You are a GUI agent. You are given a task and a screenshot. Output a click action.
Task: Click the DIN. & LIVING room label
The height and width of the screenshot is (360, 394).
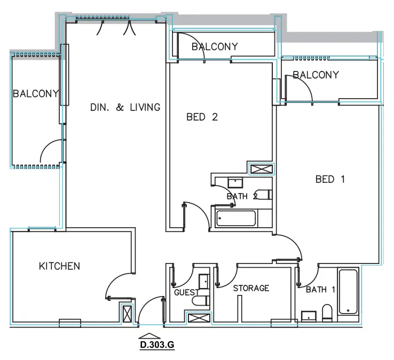(125, 107)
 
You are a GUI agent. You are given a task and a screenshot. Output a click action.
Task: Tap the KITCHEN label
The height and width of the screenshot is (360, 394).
(59, 266)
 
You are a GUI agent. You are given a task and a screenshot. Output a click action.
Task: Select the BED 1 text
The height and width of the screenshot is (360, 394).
(330, 179)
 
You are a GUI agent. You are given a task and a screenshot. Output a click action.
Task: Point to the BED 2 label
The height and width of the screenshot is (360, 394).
(202, 117)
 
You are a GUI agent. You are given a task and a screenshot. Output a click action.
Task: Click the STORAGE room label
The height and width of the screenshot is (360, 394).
(251, 288)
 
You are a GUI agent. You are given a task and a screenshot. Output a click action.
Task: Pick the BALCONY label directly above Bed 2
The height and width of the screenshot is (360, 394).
(214, 47)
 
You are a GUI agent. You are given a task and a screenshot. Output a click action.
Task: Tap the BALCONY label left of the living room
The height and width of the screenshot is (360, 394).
(35, 94)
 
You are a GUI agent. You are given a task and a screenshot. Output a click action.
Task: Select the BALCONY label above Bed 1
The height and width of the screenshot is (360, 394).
(315, 75)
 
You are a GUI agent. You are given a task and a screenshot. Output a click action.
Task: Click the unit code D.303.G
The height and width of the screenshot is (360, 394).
(157, 345)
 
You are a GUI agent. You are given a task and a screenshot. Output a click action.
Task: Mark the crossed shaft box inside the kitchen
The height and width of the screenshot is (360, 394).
(127, 313)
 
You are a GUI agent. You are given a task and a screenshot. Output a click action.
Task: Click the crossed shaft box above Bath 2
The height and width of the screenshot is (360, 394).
(261, 169)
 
